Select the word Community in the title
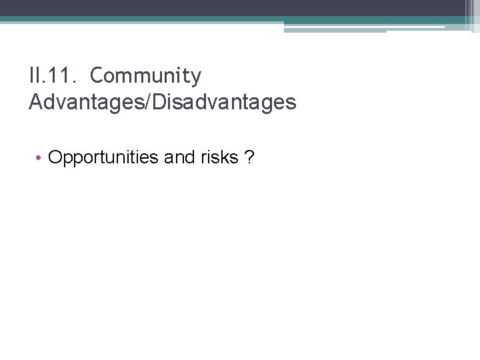(x=145, y=77)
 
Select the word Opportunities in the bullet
(x=94, y=157)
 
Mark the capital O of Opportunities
(x=55, y=157)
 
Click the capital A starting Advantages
(x=35, y=101)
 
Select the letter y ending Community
(x=195, y=78)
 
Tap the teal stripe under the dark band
(x=200, y=19)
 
